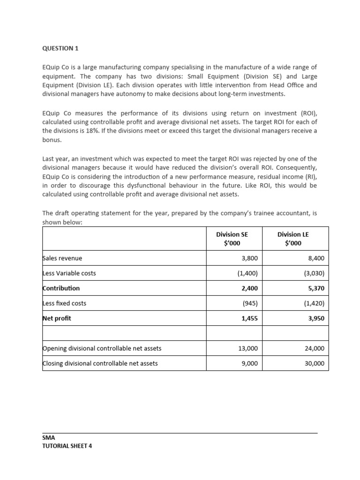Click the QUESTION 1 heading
(58, 48)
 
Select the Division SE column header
(232, 239)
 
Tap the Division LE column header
(293, 239)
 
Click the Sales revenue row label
(62, 258)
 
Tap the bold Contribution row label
(61, 288)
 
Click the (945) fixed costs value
(250, 303)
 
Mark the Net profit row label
(58, 318)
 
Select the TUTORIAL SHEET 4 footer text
(67, 446)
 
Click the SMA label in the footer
(48, 438)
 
